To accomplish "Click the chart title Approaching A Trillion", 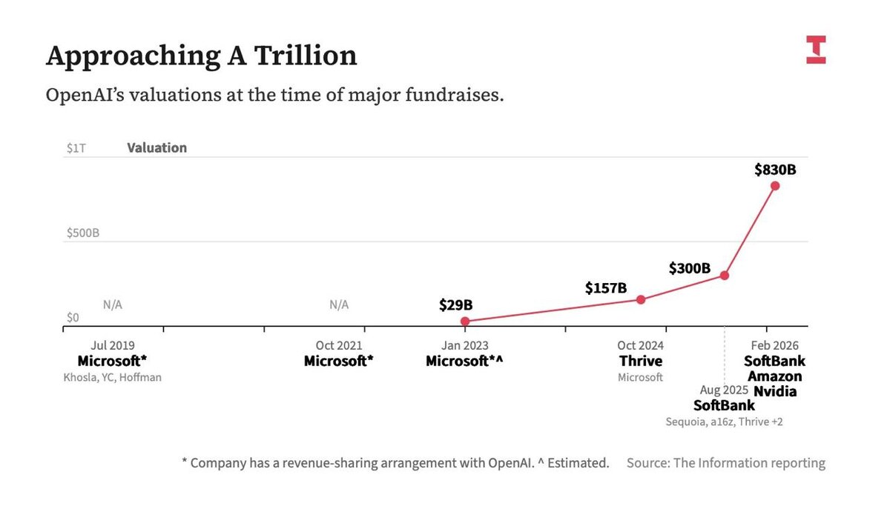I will click(201, 56).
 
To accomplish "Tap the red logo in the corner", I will click(816, 50).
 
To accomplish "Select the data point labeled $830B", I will click(775, 185).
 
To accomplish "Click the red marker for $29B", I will click(465, 322).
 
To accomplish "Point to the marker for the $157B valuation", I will click(642, 299).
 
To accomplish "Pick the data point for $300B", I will click(725, 275).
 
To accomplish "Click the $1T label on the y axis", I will click(76, 148).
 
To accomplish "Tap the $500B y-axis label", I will click(82, 233).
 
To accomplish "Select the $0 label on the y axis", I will click(73, 318).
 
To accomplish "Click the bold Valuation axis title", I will click(156, 148).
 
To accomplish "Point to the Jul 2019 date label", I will click(112, 346).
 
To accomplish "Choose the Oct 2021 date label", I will click(338, 346).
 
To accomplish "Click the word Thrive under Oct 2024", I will click(641, 362).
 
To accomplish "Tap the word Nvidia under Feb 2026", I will click(775, 390).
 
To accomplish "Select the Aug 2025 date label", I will click(724, 390).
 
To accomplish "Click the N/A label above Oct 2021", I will click(339, 305).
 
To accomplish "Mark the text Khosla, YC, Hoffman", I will click(112, 377).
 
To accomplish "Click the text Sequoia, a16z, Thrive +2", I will click(724, 422).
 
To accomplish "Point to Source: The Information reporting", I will click(725, 463).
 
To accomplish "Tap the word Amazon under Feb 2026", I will click(774, 376).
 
